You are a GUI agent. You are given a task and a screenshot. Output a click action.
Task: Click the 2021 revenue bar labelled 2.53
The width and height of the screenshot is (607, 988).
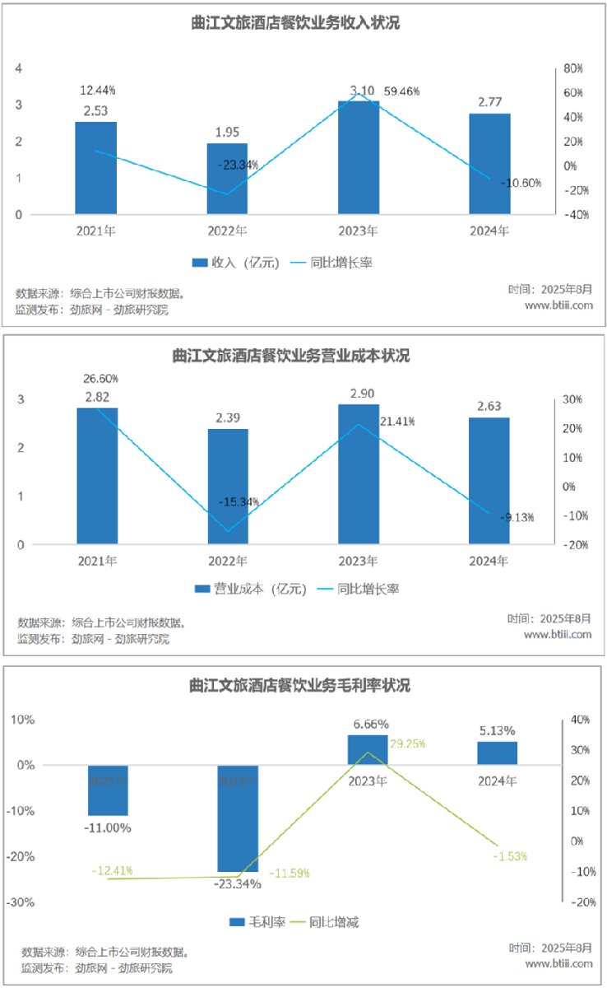pos(95,168)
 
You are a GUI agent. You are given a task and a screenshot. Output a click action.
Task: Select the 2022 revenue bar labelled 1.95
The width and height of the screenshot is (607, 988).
pos(227,179)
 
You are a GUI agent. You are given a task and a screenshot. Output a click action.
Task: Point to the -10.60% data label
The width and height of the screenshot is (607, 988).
pos(521,183)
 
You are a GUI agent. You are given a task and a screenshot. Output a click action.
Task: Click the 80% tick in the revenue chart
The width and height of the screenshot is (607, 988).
pos(572,68)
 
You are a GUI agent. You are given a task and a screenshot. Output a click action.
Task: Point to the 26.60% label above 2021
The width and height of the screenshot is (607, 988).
pos(100,380)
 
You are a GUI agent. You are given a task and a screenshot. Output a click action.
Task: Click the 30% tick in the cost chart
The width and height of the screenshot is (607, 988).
pos(572,399)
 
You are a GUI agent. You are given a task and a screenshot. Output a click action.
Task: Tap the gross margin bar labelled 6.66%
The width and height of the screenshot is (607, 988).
pos(367,749)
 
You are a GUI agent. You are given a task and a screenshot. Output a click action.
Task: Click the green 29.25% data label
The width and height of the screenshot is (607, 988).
pos(408,743)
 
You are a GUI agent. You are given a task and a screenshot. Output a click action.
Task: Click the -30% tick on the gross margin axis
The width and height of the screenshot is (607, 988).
pos(21,902)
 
